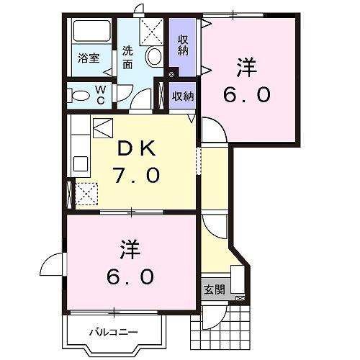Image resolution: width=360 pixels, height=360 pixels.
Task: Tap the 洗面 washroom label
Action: pos(127,58)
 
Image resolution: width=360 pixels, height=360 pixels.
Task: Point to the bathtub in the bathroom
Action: pos(91,32)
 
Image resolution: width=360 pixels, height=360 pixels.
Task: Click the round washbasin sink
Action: pos(153,56)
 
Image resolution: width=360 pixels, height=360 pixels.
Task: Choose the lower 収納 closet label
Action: pos(184,96)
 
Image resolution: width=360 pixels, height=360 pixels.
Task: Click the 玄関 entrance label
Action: pos(214,289)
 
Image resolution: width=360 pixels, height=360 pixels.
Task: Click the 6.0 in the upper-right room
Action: pos(247,94)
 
